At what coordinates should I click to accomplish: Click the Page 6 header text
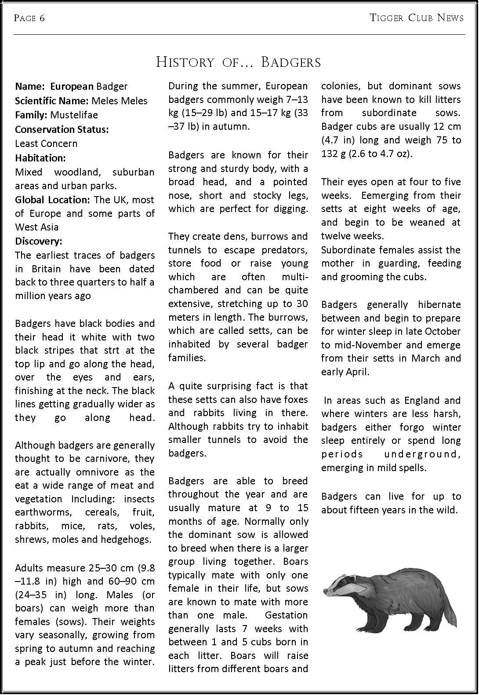coord(29,18)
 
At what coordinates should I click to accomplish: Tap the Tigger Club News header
coord(416,18)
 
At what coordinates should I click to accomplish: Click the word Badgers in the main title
coord(291,62)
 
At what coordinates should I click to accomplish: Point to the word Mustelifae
coord(74,115)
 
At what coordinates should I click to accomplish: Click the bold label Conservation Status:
coord(62,129)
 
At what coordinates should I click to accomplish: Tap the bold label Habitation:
coord(40,158)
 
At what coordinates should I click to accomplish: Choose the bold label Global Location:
coord(52,200)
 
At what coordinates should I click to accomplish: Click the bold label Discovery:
coord(39,241)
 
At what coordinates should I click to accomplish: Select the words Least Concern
coord(46,143)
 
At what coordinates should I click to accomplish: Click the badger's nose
coord(326,592)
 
